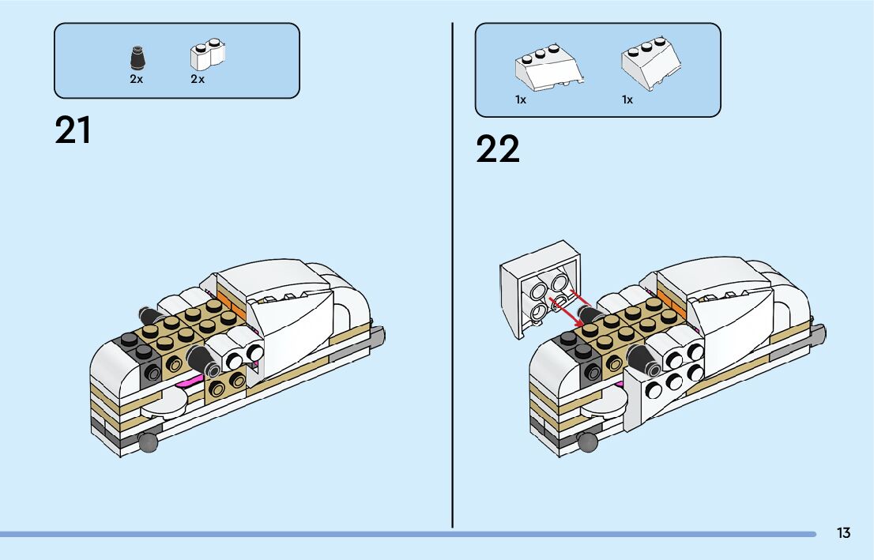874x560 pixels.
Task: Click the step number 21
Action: point(73,130)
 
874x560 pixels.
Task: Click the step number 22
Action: point(498,148)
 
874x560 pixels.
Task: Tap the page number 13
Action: point(843,533)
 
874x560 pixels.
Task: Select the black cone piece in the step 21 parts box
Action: point(137,58)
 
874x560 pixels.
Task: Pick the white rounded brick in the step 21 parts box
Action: point(207,55)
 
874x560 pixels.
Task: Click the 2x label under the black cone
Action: point(137,80)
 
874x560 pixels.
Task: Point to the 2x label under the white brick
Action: point(198,80)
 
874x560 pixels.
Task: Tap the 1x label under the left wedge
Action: point(521,100)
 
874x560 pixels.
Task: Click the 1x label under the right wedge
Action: point(627,100)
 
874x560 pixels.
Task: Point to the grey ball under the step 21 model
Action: point(148,443)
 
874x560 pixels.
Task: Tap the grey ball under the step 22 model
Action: point(587,443)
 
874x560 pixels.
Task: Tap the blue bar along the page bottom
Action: point(395,535)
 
